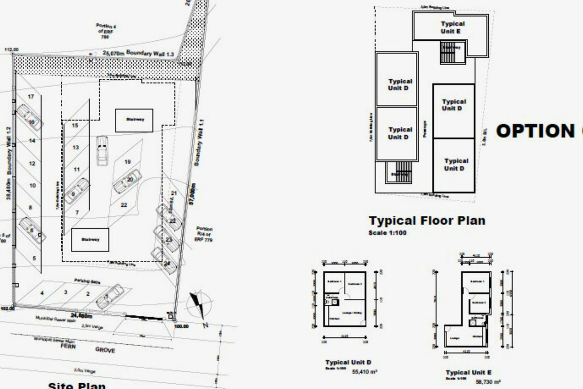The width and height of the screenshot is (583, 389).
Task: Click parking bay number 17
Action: pos(31,97)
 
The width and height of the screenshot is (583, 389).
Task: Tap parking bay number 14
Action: pos(32,141)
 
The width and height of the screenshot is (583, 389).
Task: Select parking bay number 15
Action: pos(75,125)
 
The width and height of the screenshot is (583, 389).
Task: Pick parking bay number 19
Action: pos(128,161)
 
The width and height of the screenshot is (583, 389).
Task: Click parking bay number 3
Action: pos(66,292)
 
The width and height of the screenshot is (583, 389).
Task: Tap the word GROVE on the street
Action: pos(105,350)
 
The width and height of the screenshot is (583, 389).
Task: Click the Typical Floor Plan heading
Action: pos(427,220)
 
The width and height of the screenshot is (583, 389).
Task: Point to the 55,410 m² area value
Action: pos(364,372)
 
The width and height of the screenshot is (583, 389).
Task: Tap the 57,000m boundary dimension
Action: pos(193,194)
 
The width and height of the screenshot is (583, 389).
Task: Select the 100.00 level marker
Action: pos(181,326)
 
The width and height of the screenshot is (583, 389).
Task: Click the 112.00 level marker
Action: pos(11,50)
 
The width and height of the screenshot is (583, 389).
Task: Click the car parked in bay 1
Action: pos(110,296)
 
